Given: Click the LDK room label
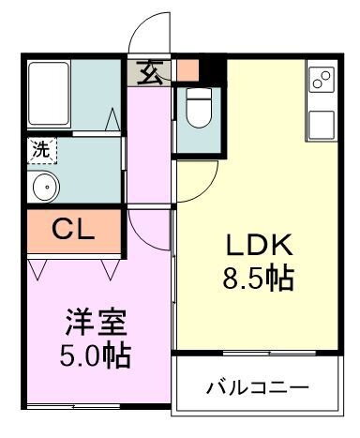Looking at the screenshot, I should (x=257, y=246).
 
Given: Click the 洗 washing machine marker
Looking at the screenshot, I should (x=41, y=148).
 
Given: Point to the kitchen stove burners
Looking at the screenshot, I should (x=320, y=82).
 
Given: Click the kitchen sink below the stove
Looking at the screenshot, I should (x=321, y=122).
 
